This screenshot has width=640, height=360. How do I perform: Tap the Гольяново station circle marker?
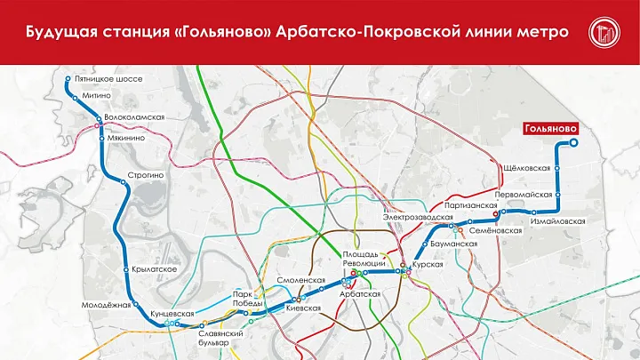pos(573,142)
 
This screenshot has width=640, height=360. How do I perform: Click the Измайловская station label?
pos(557,220)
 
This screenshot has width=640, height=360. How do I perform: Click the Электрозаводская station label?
pos(413,217)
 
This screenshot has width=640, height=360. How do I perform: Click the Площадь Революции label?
pos(364,260)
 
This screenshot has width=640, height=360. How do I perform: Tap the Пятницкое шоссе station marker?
pos(68,81)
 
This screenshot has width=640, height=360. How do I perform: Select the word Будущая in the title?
pos(61,33)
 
